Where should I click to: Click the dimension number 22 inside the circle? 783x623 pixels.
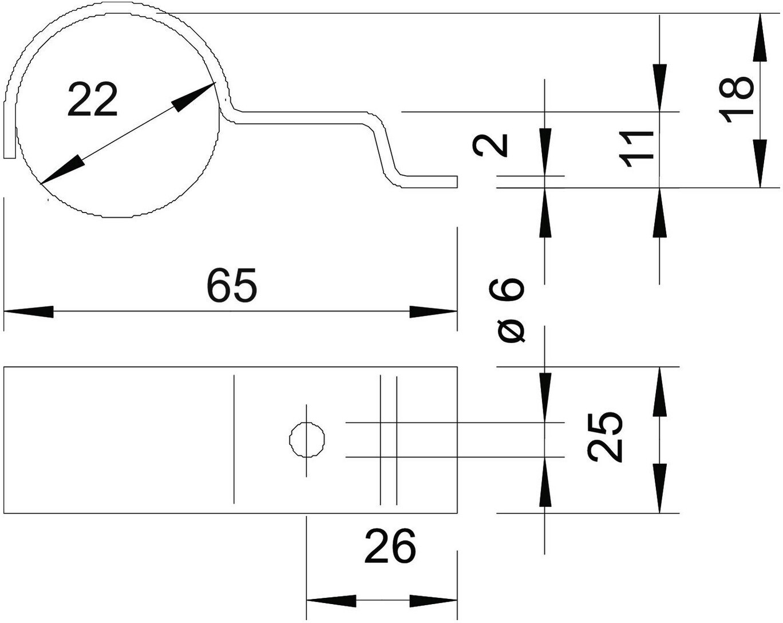[92, 100]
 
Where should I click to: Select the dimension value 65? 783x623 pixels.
[232, 285]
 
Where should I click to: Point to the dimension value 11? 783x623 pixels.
[638, 149]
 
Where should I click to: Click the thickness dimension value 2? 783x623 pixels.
[491, 145]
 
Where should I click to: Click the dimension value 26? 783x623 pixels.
[390, 546]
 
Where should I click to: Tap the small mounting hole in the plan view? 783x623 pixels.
[308, 440]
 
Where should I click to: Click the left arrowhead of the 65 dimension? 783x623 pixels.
[29, 312]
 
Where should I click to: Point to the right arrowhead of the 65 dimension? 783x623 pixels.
[433, 312]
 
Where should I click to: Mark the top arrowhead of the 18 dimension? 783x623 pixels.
[760, 37]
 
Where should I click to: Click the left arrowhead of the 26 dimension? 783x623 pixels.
[331, 601]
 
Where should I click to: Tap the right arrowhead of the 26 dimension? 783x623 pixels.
[433, 601]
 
